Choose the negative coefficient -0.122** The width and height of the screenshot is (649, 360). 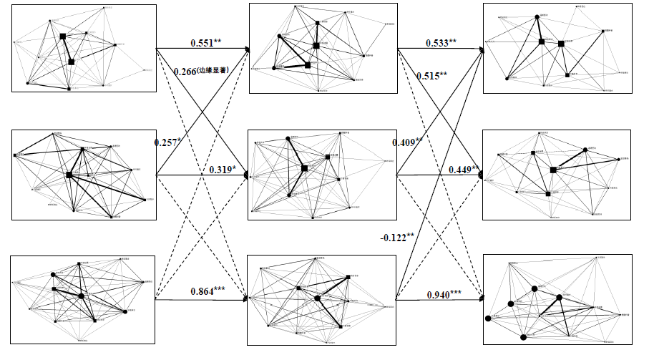pos(399,237)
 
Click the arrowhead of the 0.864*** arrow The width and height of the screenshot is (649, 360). pos(245,300)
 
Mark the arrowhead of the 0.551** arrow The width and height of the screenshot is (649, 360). pos(245,49)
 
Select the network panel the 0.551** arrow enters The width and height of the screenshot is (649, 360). pos(322,48)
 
